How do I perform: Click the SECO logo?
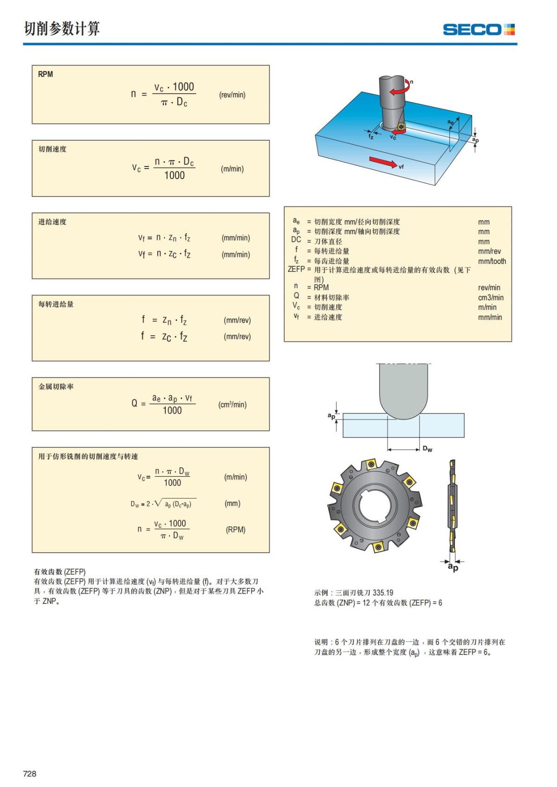[479, 30]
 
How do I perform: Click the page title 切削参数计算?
[62, 29]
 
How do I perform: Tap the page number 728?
[30, 774]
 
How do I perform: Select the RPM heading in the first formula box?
[45, 74]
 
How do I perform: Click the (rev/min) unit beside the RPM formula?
[232, 95]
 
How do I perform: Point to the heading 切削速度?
[52, 149]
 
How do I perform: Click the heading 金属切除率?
[56, 386]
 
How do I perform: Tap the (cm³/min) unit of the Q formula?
[232, 404]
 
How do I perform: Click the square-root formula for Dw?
[161, 504]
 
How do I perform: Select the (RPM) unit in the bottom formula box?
[235, 530]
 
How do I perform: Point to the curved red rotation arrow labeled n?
[400, 88]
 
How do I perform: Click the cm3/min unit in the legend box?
[491, 297]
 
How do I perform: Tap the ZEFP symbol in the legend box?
[296, 269]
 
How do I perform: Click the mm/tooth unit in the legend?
[492, 261]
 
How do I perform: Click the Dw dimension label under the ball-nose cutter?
[427, 449]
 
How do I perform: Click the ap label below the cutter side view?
[453, 567]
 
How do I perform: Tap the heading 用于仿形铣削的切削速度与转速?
[88, 456]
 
